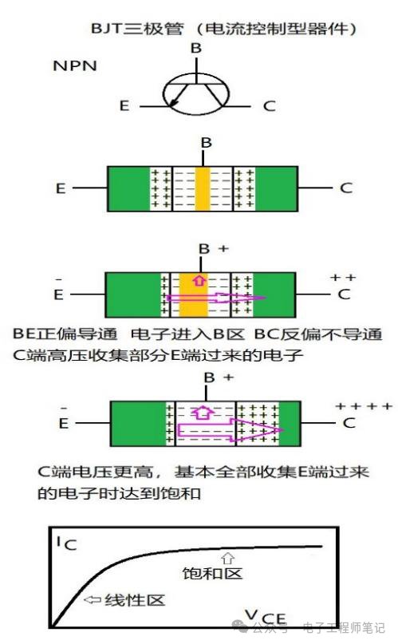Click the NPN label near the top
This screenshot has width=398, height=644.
pyautogui.click(x=75, y=65)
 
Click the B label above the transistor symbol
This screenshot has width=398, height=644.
pyautogui.click(x=196, y=48)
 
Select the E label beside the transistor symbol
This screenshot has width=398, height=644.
pyautogui.click(x=124, y=106)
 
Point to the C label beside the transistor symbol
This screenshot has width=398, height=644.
pyautogui.click(x=269, y=106)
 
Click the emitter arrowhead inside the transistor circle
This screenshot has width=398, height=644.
pyautogui.click(x=174, y=105)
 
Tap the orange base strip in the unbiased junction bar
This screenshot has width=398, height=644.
pyautogui.click(x=203, y=189)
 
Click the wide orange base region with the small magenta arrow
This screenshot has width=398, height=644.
pyautogui.click(x=194, y=295)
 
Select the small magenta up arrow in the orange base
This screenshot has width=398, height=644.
pyautogui.click(x=200, y=280)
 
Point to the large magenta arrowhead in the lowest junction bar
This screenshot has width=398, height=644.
pyautogui.click(x=259, y=430)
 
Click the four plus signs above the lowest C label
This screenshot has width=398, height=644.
pyautogui.click(x=364, y=406)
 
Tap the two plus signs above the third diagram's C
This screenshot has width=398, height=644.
pyautogui.click(x=343, y=278)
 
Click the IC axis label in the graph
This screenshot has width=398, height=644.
pyautogui.click(x=66, y=543)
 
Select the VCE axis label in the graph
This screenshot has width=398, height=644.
pyautogui.click(x=266, y=618)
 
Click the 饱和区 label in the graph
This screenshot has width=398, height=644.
pyautogui.click(x=212, y=573)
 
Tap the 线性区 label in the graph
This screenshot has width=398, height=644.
pyautogui.click(x=135, y=600)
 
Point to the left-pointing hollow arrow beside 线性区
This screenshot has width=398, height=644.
pyautogui.click(x=93, y=600)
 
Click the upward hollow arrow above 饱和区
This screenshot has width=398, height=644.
pyautogui.click(x=228, y=559)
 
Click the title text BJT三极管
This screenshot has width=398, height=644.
pyautogui.click(x=137, y=29)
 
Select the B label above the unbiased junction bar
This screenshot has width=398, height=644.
pyautogui.click(x=207, y=143)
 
